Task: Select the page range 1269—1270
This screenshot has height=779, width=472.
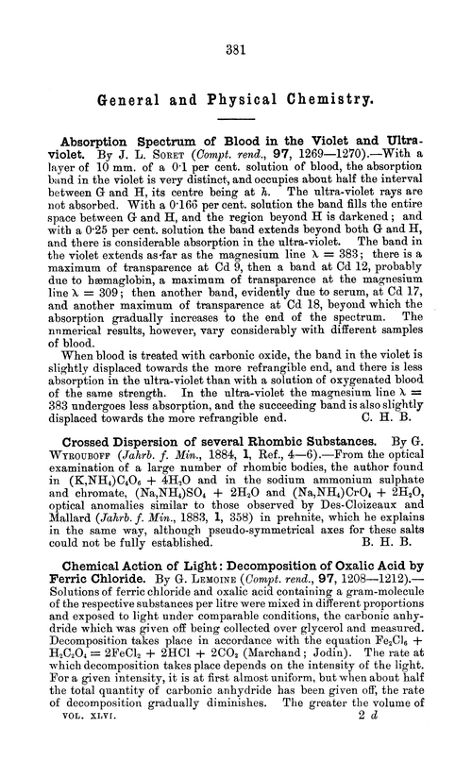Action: (328, 151)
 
